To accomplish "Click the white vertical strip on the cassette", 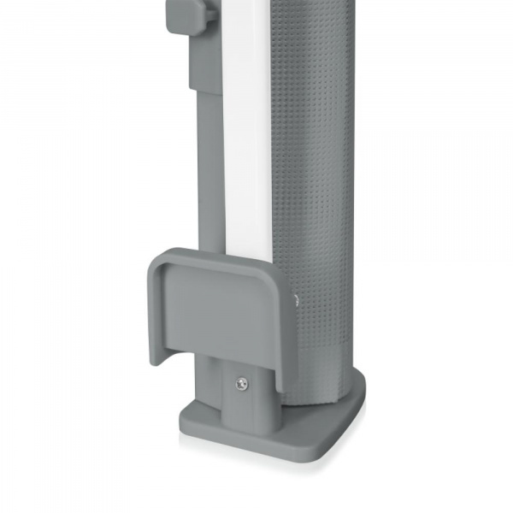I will click(x=246, y=128).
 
